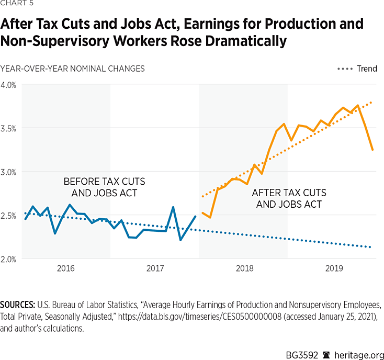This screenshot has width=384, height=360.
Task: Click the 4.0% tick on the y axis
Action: click(x=9, y=85)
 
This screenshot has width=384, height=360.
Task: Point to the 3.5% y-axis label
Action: click(x=9, y=128)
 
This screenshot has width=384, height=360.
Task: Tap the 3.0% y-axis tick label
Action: click(x=9, y=172)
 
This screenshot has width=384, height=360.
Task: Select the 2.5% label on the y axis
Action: click(x=9, y=215)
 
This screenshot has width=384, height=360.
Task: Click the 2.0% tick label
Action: click(x=9, y=259)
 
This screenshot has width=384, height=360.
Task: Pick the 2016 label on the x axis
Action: click(x=65, y=269)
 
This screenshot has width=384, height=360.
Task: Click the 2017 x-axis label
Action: click(x=155, y=269)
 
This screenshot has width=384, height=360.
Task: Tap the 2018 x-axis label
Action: click(x=244, y=269)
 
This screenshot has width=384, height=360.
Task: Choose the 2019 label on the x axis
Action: click(x=333, y=269)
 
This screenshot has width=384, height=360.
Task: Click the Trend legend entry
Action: click(x=367, y=69)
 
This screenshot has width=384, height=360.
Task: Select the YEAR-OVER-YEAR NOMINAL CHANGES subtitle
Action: click(x=73, y=69)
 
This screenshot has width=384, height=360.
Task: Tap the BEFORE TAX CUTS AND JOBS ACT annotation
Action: click(x=104, y=186)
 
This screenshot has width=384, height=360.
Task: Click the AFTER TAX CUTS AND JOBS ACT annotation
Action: click(x=289, y=198)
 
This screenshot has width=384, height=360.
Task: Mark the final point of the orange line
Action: click(x=372, y=150)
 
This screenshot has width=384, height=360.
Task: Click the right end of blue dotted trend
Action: click(x=371, y=247)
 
